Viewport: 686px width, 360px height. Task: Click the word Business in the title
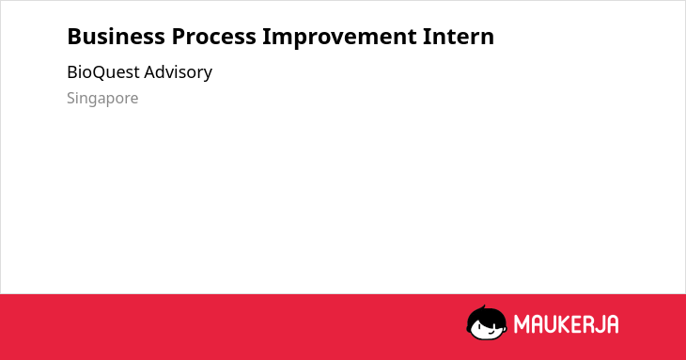point(116,37)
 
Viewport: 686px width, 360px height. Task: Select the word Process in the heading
point(213,37)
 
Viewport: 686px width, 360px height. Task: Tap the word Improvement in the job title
point(339,38)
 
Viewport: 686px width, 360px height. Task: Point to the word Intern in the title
point(459,37)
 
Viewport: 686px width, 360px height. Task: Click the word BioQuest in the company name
point(102,72)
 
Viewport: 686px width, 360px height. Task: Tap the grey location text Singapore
point(102,99)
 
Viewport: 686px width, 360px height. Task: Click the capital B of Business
point(74,37)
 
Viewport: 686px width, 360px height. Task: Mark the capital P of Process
point(178,37)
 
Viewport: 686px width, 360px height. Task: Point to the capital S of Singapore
point(70,98)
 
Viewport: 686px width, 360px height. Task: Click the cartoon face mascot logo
point(487,323)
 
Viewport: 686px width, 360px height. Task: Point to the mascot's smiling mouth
point(491,334)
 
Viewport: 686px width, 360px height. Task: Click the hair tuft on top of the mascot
point(483,308)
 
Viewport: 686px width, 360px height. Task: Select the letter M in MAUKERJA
point(522,324)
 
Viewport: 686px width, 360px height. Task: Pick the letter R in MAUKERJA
point(588,324)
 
